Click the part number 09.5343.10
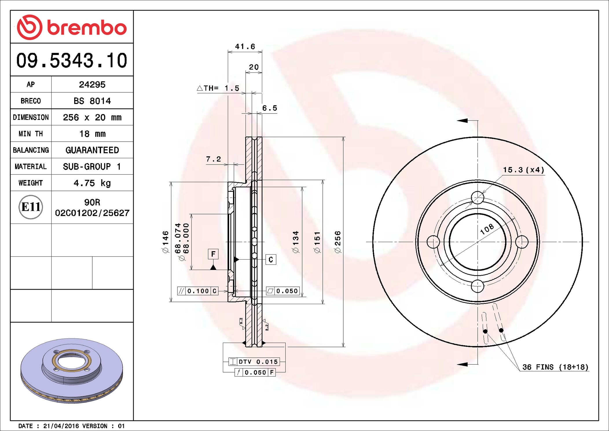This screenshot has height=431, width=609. click(x=71, y=61)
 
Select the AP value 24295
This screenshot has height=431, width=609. click(x=92, y=85)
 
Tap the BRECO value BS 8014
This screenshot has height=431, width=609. click(x=92, y=101)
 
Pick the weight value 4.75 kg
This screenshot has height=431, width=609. click(x=92, y=183)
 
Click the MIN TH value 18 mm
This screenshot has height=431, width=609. click(x=92, y=134)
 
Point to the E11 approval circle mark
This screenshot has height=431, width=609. click(x=31, y=207)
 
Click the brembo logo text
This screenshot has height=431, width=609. click(x=87, y=28)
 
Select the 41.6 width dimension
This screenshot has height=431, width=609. click(x=245, y=46)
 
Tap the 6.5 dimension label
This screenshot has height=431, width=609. click(x=269, y=108)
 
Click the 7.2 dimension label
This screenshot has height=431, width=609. click(x=213, y=159)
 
